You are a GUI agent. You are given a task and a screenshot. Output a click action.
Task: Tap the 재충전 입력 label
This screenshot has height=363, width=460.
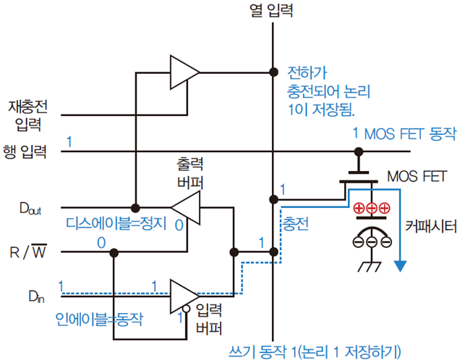(x=27, y=115)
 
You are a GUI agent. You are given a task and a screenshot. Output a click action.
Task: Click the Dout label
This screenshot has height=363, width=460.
(x=30, y=210)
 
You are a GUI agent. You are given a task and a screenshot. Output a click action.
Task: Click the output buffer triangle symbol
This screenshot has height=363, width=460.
(x=185, y=210)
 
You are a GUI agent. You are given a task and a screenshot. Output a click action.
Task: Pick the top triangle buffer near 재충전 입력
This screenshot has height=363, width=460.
(x=184, y=71)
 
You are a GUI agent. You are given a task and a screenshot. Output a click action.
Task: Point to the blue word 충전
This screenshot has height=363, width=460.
(x=295, y=225)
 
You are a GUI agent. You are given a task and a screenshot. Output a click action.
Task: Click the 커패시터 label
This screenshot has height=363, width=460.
(x=431, y=226)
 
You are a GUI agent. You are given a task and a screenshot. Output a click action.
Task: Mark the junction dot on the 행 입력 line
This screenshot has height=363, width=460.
(x=357, y=151)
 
